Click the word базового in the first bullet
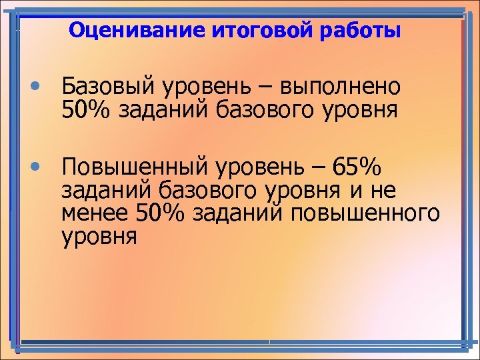pos(267,109)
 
